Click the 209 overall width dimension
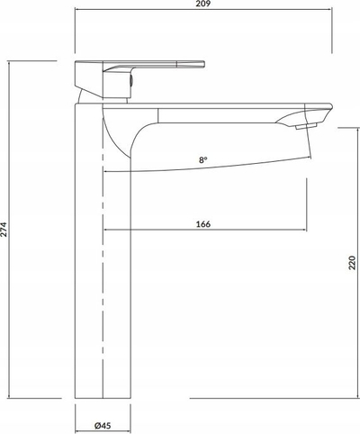click(203, 4)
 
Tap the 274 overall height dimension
click(4, 230)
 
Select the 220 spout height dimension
click(352, 263)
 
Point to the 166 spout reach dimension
click(203, 224)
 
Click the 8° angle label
click(203, 160)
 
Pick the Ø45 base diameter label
click(103, 425)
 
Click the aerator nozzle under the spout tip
click(306, 126)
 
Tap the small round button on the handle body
click(131, 81)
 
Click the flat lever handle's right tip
click(204, 64)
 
